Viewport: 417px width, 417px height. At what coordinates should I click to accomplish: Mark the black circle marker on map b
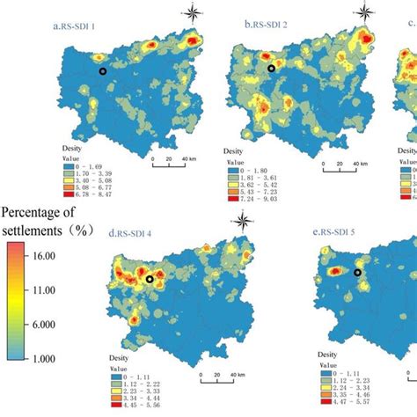[x=271, y=68]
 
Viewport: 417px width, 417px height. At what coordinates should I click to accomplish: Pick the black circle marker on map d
[x=150, y=279]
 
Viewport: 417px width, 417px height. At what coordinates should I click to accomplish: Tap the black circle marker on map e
[x=357, y=273]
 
